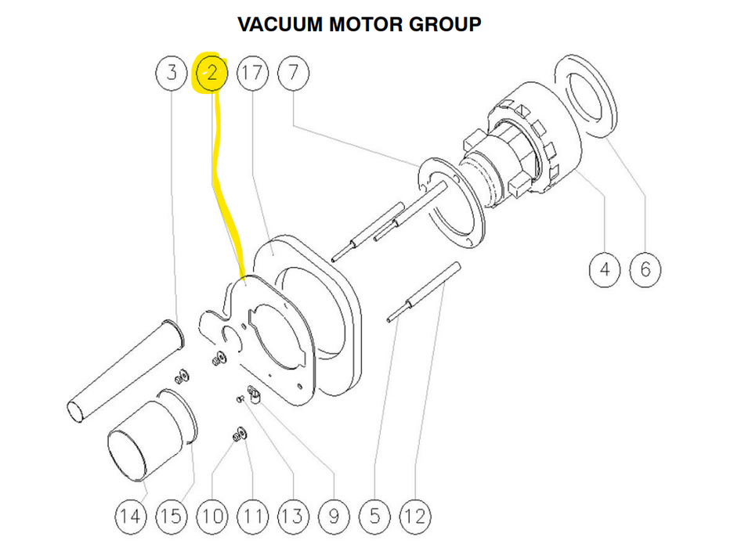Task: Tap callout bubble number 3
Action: [172, 74]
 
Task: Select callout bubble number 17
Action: [252, 74]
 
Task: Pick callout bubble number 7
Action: [293, 74]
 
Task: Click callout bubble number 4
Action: [605, 270]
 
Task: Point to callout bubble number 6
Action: [645, 270]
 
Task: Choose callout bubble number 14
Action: [131, 516]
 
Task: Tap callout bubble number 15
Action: [172, 516]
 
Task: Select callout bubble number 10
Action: [212, 516]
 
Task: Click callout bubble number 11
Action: [252, 516]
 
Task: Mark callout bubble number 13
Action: [292, 516]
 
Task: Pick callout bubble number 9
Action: [334, 516]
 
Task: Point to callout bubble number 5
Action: [374, 516]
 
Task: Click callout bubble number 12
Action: [415, 516]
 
